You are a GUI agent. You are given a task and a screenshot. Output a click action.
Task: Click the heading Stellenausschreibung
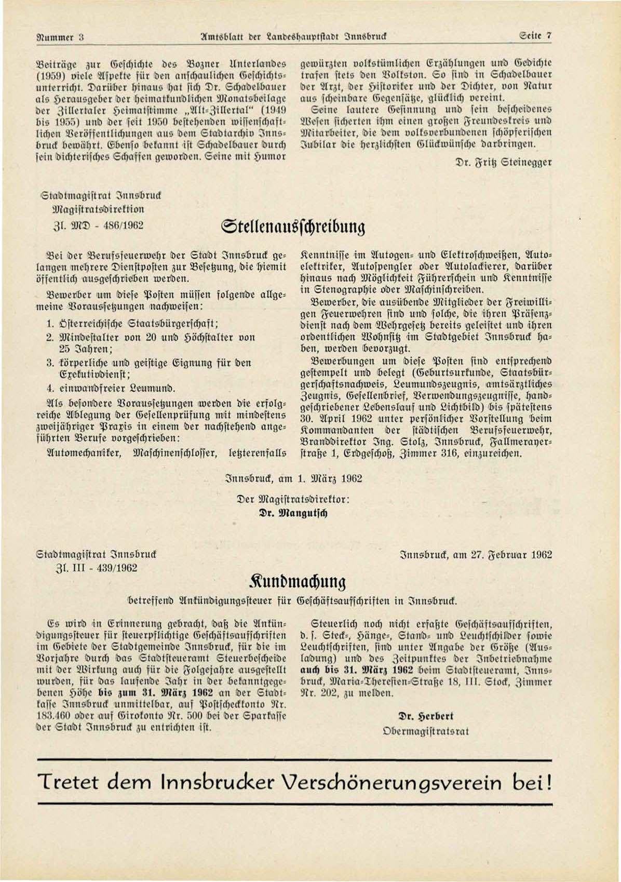tap(293, 228)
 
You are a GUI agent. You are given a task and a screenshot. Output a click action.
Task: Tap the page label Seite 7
tap(535, 37)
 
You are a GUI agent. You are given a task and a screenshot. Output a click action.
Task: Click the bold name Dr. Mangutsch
tap(294, 513)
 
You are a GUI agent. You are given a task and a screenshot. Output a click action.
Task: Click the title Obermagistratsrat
tap(425, 731)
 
